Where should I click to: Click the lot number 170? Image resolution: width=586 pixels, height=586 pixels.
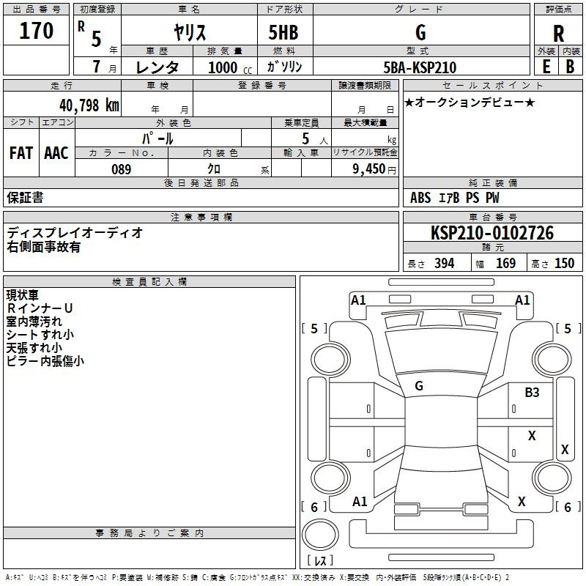(36, 30)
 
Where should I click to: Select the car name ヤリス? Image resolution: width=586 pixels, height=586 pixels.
(190, 32)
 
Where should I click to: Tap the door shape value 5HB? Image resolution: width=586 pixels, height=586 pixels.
(283, 32)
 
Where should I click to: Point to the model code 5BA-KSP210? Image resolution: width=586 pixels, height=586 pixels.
(420, 67)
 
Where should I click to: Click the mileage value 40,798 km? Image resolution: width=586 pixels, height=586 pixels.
(89, 105)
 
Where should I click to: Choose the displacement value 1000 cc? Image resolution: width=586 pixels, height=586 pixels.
(230, 67)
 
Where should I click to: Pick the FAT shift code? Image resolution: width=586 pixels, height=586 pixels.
(21, 153)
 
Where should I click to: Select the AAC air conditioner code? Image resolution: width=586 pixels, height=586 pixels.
(56, 153)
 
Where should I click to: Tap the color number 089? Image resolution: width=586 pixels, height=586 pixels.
(122, 169)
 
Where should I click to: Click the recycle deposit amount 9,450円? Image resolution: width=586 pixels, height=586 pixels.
(374, 169)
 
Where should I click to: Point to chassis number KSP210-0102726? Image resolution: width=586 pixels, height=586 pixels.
(492, 233)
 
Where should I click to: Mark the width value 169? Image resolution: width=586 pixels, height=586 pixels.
(505, 263)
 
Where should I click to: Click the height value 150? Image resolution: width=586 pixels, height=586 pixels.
(564, 263)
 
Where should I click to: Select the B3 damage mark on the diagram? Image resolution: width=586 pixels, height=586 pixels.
(532, 393)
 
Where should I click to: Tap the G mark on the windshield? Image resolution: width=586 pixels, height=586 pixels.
(419, 386)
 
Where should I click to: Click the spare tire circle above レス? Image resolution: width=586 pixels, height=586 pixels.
(320, 535)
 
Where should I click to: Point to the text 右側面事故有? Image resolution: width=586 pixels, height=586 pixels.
(43, 247)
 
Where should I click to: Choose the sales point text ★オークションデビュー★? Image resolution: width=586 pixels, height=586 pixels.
(470, 103)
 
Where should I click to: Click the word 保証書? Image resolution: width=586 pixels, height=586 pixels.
(25, 198)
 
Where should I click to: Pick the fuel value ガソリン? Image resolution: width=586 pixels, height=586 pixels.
(284, 67)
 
